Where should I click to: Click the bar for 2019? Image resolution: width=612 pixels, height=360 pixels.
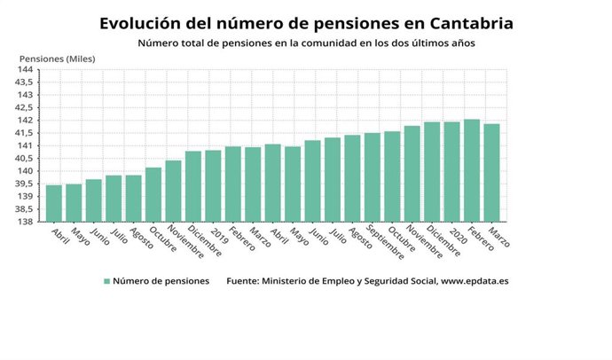tap(213, 186)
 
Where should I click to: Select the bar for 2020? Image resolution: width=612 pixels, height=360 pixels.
tap(451, 172)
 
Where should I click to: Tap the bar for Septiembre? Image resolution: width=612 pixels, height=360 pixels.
tap(372, 177)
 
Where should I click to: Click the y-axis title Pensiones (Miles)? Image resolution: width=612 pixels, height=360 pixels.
tap(58, 59)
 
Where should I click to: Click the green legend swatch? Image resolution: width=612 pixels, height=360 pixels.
tap(107, 281)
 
